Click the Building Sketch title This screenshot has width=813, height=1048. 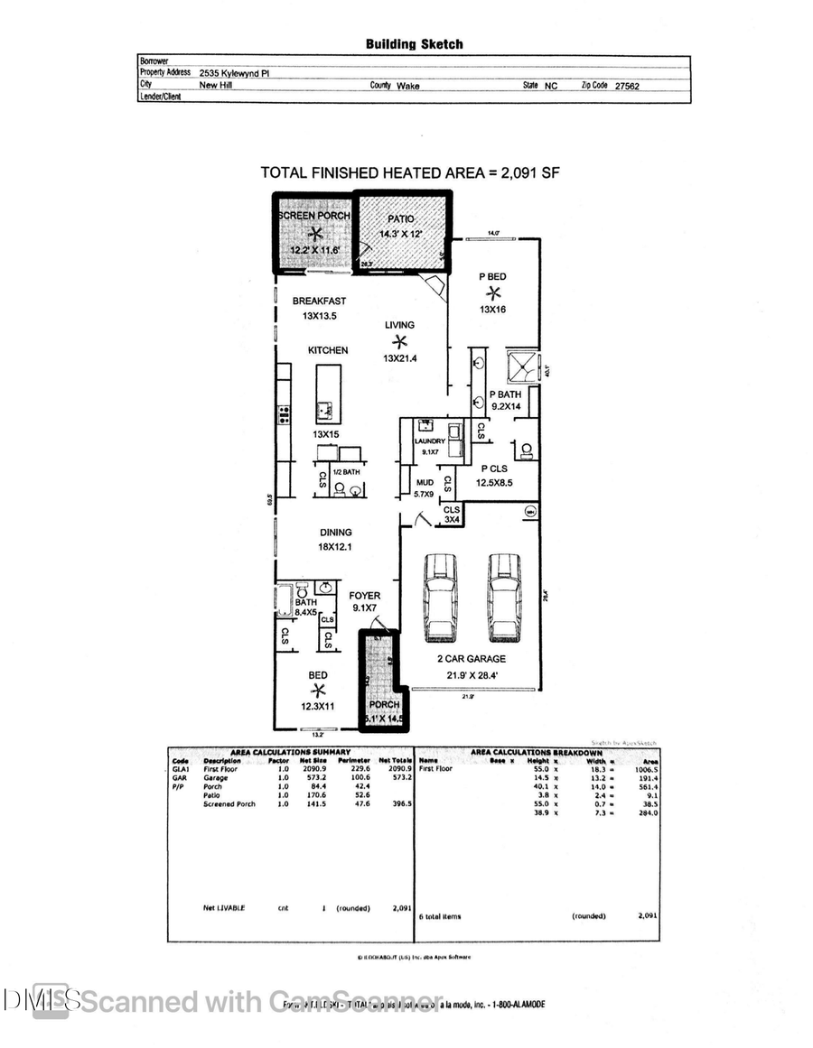(x=414, y=43)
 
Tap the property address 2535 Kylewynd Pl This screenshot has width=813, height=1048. (x=234, y=74)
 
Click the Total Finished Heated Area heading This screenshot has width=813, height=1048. (x=410, y=172)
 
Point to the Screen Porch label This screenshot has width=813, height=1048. (x=313, y=217)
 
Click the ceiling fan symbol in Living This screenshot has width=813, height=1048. (x=398, y=341)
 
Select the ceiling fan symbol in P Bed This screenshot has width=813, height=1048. (x=493, y=292)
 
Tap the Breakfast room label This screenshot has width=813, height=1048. (x=319, y=301)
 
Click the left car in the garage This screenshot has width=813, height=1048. (x=441, y=597)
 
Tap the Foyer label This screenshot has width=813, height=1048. (x=365, y=596)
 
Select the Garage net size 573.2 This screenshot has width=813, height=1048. (x=312, y=776)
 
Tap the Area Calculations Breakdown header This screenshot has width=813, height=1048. (x=537, y=752)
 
